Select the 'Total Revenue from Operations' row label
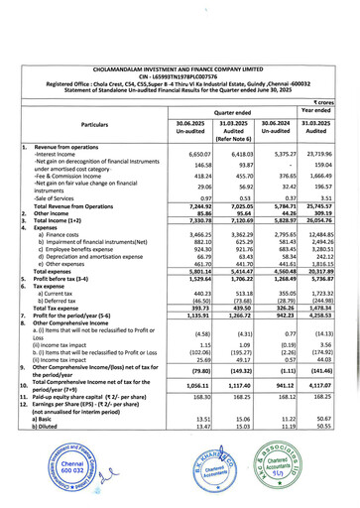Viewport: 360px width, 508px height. pos(78,203)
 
